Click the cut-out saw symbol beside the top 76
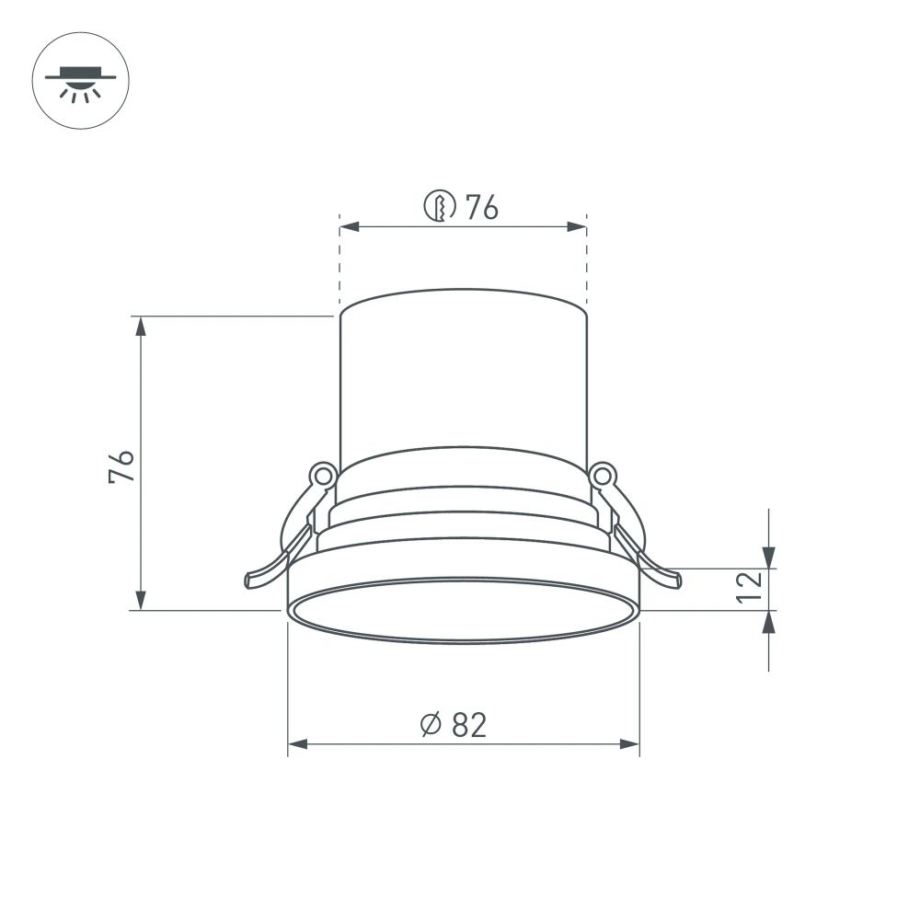(x=440, y=207)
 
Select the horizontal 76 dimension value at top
(x=481, y=208)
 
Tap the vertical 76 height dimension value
(x=121, y=466)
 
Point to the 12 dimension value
(x=750, y=587)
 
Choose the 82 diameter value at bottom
(x=469, y=725)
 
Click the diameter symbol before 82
(x=431, y=726)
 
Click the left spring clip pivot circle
(x=321, y=475)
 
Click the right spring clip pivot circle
(x=603, y=475)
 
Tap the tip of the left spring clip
(x=250, y=580)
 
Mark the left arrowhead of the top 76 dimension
(x=349, y=226)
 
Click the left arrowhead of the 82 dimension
(x=297, y=743)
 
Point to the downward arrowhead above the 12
(x=769, y=558)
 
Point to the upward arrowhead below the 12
(x=769, y=620)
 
